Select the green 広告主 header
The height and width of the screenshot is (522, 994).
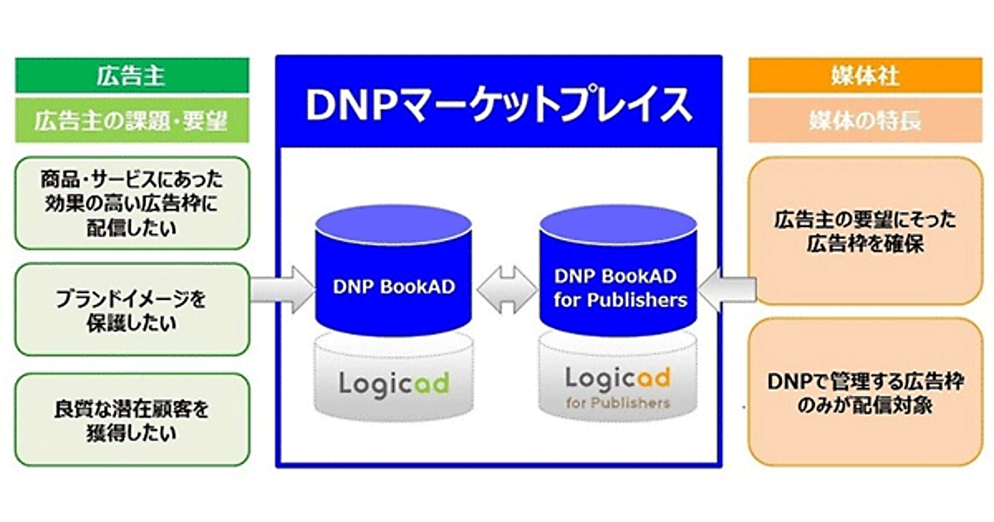(x=132, y=76)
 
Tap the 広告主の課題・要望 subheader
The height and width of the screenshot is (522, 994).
(x=132, y=121)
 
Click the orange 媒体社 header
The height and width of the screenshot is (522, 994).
(x=865, y=76)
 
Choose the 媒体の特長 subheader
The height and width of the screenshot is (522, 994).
(x=865, y=121)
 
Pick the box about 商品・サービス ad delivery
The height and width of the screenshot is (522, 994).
(x=133, y=202)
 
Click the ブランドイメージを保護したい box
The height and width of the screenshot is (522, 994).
(x=133, y=311)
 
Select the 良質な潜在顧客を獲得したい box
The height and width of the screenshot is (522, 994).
(x=133, y=419)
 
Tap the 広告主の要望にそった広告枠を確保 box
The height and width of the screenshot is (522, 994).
(x=865, y=230)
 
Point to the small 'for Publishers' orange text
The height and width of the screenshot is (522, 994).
(x=617, y=404)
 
